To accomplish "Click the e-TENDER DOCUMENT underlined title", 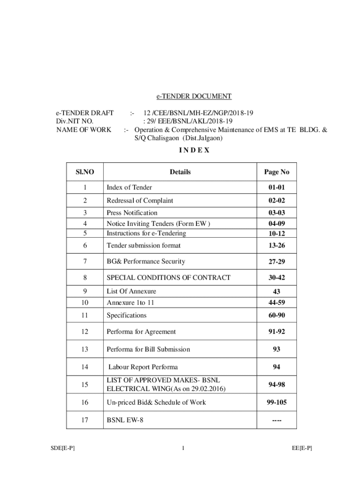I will point(194,96).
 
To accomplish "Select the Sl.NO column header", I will point(85,172).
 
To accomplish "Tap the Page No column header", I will point(277,172).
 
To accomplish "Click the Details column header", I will point(180,172).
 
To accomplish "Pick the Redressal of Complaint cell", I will point(140,201).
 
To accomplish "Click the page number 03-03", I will point(276,213).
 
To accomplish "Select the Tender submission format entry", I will point(144,246).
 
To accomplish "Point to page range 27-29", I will point(276,261).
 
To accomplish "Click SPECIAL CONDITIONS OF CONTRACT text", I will point(168,278).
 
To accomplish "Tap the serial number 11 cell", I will point(84,316).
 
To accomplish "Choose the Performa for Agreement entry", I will point(141,332).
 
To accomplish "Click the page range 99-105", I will point(276,402).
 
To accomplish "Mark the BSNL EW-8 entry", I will point(125,420).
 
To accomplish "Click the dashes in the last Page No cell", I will point(276,420).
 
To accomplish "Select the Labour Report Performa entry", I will point(143,367).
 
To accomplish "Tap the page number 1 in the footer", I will point(184,448).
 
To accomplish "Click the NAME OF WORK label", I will point(84,130).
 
